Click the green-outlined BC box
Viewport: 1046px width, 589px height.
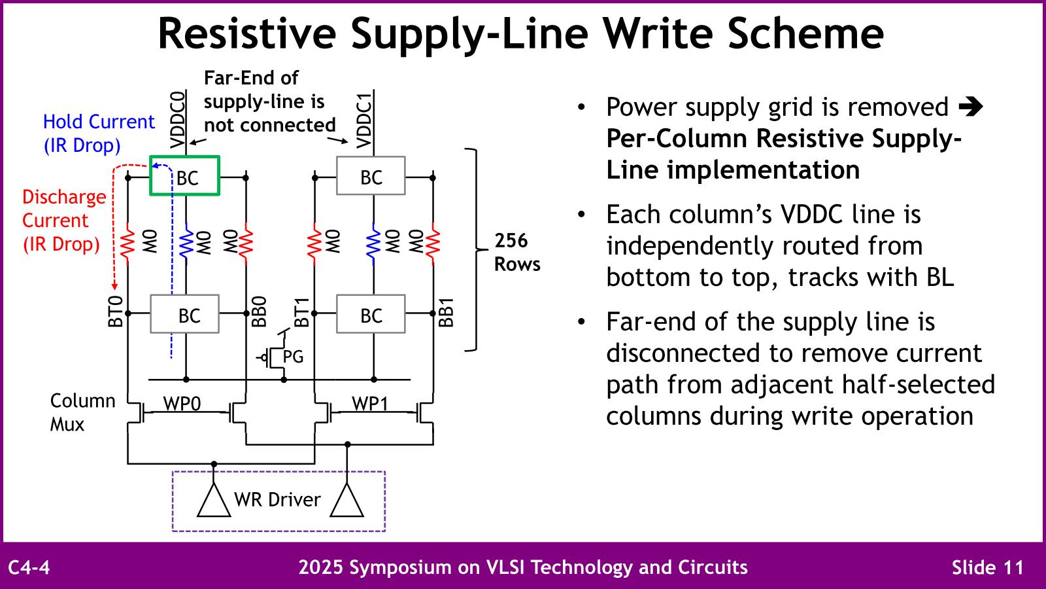pos(185,176)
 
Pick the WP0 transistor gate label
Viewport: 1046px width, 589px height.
pos(182,404)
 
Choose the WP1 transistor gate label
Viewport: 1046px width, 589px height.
pos(370,404)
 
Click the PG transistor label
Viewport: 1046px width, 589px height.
pos(293,357)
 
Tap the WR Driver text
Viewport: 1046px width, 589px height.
pos(277,500)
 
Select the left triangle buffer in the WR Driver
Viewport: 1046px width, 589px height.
pos(214,502)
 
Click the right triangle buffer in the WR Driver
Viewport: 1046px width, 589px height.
pos(346,502)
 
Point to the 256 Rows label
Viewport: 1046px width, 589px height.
pos(516,252)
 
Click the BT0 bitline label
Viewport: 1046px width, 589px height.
pos(115,311)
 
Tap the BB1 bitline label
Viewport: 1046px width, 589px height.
pos(446,312)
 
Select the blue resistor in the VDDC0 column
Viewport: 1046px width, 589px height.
pos(186,243)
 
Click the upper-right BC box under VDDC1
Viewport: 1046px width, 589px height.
pos(371,176)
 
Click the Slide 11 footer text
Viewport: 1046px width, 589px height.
pos(987,567)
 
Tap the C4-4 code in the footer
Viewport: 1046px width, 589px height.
pos(29,567)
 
